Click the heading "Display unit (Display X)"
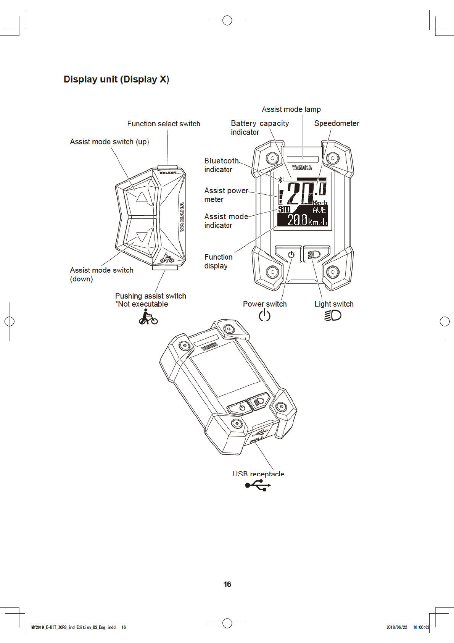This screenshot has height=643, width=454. pyautogui.click(x=116, y=79)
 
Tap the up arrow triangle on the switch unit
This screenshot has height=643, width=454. pyautogui.click(x=142, y=197)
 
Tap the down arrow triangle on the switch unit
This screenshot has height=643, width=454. pyautogui.click(x=142, y=237)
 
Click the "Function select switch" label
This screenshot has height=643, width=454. pyautogui.click(x=163, y=124)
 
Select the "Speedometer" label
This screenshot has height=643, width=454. pyautogui.click(x=336, y=123)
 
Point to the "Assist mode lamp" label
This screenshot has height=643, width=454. pyautogui.click(x=291, y=110)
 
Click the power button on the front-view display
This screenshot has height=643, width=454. pyautogui.click(x=291, y=254)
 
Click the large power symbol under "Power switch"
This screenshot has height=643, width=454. pyautogui.click(x=264, y=315)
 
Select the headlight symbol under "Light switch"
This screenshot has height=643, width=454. pyautogui.click(x=333, y=315)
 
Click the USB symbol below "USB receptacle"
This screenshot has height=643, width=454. pyautogui.click(x=258, y=486)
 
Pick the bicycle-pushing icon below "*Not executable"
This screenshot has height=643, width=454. pyautogui.click(x=148, y=317)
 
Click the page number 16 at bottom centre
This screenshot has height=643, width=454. pyautogui.click(x=227, y=584)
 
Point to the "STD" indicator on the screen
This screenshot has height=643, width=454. pyautogui.click(x=284, y=209)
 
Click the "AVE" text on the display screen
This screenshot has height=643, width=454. pyautogui.click(x=319, y=210)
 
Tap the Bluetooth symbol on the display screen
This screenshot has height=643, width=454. pyautogui.click(x=280, y=180)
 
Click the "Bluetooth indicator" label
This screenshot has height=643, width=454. pyautogui.click(x=221, y=165)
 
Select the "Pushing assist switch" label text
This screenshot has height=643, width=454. pyautogui.click(x=151, y=296)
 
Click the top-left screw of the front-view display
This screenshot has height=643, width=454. pyautogui.click(x=272, y=158)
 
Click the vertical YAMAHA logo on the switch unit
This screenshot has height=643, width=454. pyautogui.click(x=182, y=216)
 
